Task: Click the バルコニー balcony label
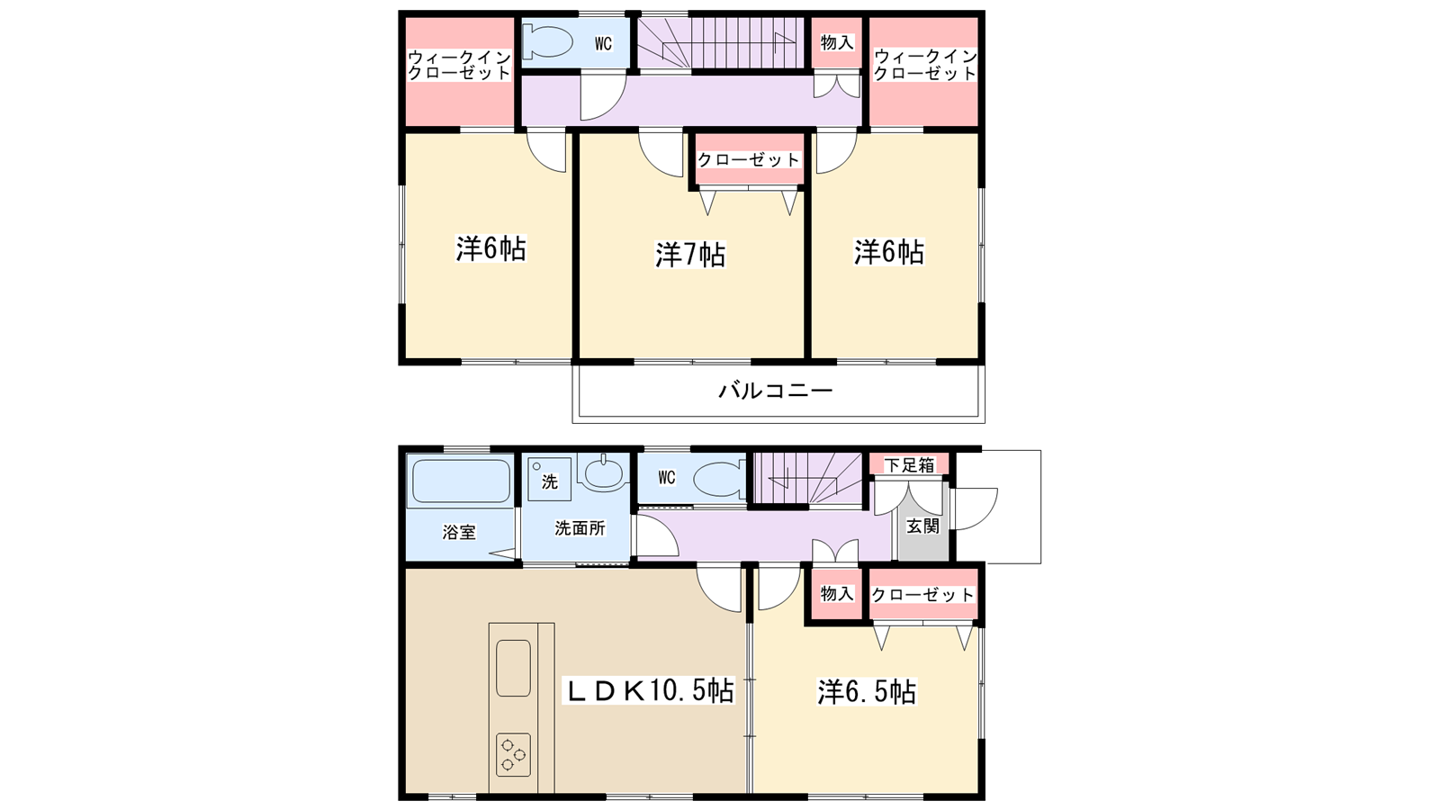point(775,391)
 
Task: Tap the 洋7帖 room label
point(689,255)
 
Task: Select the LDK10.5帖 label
point(649,691)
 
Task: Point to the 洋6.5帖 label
point(867,692)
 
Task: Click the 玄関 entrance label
point(922,526)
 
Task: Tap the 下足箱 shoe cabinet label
point(909,464)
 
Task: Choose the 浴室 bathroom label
point(459,532)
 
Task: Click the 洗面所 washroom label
point(580,527)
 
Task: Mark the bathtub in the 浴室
point(461,481)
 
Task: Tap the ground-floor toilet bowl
point(719,480)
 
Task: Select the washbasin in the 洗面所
point(603,472)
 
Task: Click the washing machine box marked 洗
point(550,480)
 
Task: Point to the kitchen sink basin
point(513,668)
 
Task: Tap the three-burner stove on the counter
point(513,755)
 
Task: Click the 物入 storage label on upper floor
point(837,43)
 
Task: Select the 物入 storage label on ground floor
point(837,593)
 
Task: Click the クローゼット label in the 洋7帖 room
point(748,159)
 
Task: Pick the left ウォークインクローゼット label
point(459,65)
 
